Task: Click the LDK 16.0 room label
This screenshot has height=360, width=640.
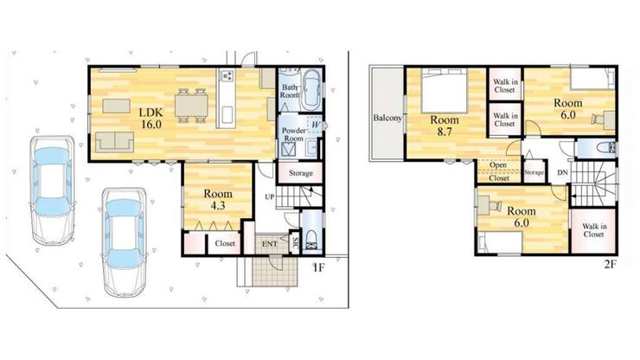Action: coord(151,118)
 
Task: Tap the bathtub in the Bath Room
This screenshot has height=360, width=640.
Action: coord(312,90)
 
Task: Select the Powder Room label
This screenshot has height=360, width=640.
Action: coord(294,134)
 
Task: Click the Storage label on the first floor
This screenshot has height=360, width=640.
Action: coord(301,173)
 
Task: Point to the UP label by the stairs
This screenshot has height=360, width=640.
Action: coord(269,197)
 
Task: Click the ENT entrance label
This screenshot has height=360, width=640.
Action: coord(270,244)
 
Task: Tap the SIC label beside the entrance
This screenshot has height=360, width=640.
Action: coord(295,243)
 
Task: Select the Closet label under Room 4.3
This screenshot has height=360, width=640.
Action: coord(225,243)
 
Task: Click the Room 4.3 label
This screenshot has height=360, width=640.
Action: coord(218,199)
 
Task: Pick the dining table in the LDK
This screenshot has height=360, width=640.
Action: coord(191,106)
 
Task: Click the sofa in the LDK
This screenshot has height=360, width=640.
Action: coord(115,142)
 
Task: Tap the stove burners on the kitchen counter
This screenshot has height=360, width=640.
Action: coord(227,75)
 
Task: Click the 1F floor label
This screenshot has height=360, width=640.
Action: coord(318,268)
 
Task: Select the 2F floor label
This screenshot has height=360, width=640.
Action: coord(610,265)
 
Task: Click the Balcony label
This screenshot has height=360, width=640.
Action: coord(387,118)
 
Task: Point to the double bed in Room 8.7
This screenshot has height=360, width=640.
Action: coord(445,91)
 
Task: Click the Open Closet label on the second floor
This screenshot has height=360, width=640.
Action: coord(498,171)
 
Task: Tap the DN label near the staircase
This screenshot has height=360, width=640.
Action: coord(562,172)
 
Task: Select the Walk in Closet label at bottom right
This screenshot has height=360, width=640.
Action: coord(593,230)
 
